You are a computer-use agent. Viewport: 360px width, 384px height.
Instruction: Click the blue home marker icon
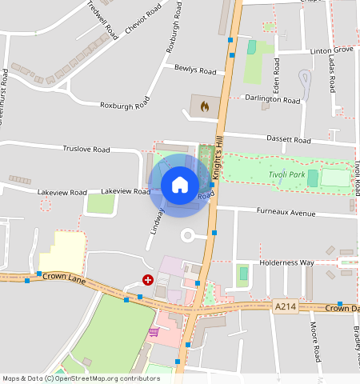coord(180,185)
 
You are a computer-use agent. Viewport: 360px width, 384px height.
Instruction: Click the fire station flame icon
coord(205,105)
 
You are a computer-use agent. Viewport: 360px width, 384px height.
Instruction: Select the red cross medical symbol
coord(148,279)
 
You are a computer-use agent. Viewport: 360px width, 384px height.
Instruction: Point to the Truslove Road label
coord(86,149)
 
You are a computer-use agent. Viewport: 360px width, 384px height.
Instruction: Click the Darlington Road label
coord(273,100)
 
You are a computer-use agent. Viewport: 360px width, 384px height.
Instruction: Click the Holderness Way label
coord(286,262)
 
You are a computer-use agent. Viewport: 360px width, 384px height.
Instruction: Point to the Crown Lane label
coord(63,277)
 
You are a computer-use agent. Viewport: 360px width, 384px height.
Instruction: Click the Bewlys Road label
coord(195,70)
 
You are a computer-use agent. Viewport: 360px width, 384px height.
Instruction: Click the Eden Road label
coord(276,74)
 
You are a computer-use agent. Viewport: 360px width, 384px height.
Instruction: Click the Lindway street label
coord(158,221)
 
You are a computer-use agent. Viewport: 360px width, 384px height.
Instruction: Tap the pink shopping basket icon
coord(154,331)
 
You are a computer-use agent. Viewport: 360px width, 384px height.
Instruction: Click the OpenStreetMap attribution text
coord(81,378)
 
